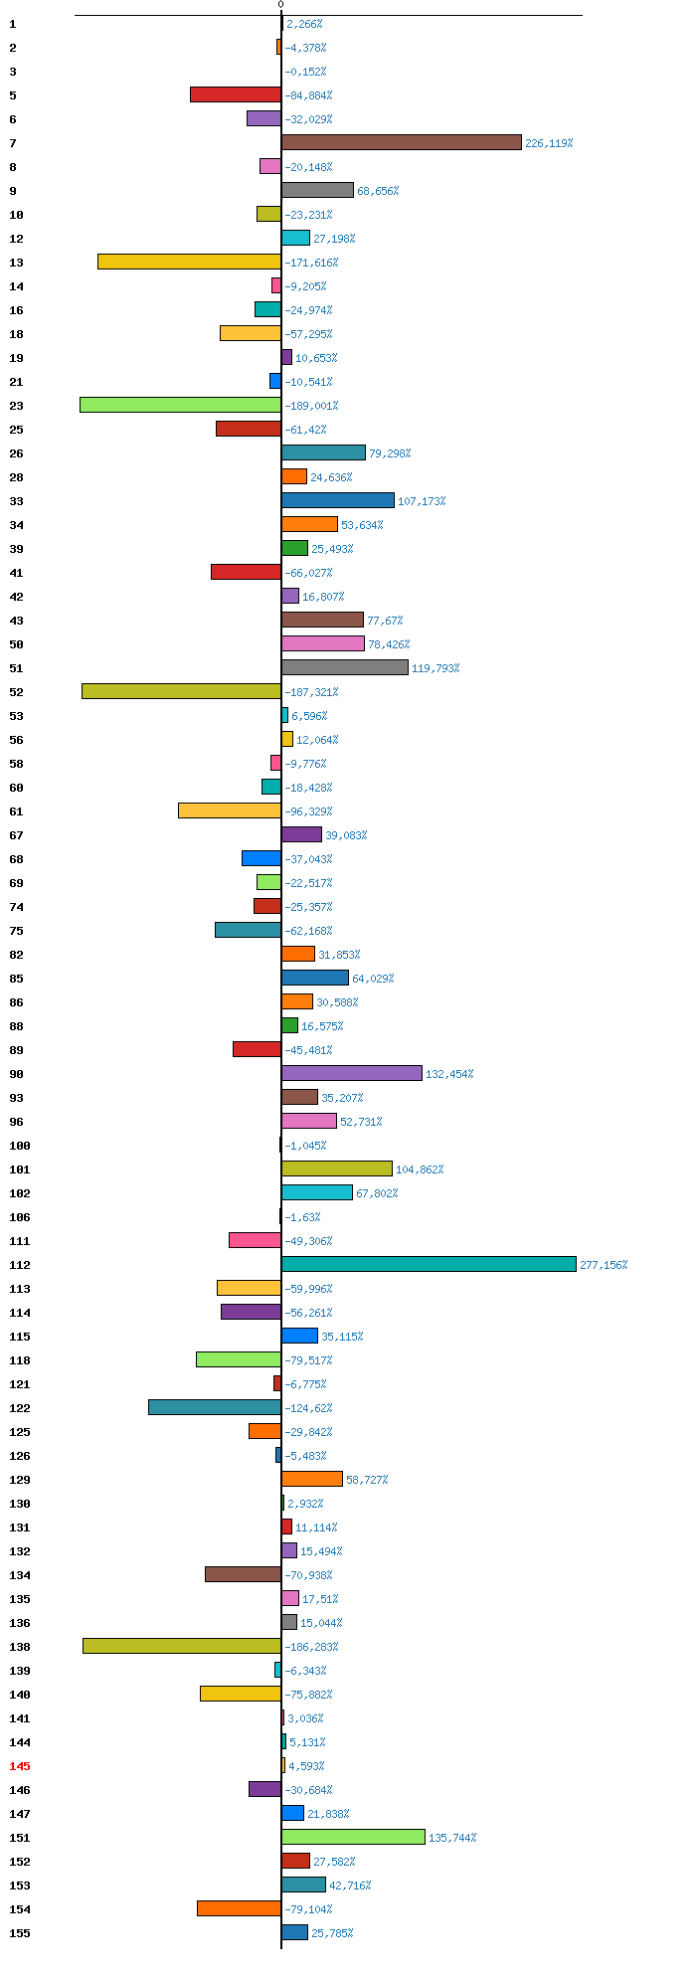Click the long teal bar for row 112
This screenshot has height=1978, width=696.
point(429,1264)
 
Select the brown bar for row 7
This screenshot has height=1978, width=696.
point(402,142)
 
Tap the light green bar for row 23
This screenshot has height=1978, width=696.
point(180,405)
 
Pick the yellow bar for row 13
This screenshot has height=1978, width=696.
point(189,262)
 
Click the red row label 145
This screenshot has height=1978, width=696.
point(20,1765)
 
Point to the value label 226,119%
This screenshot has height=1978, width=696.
point(549,143)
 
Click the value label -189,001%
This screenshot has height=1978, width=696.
point(311,406)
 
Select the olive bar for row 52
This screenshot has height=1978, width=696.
point(181,691)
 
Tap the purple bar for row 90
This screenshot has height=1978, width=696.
point(352,1073)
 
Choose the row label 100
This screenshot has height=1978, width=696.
point(20,1145)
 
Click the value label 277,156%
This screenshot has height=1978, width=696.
point(604,1265)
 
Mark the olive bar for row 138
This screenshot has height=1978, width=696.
point(182,1646)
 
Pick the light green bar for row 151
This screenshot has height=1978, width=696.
point(353,1837)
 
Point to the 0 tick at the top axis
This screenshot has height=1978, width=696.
point(281,5)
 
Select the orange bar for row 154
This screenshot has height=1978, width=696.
point(239,1908)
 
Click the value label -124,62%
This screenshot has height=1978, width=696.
point(308,1408)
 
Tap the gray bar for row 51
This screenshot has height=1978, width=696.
point(345,667)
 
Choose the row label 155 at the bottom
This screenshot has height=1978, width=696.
point(20,1932)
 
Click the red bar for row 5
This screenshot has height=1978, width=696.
point(236,94)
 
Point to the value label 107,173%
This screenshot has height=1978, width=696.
point(422,501)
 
